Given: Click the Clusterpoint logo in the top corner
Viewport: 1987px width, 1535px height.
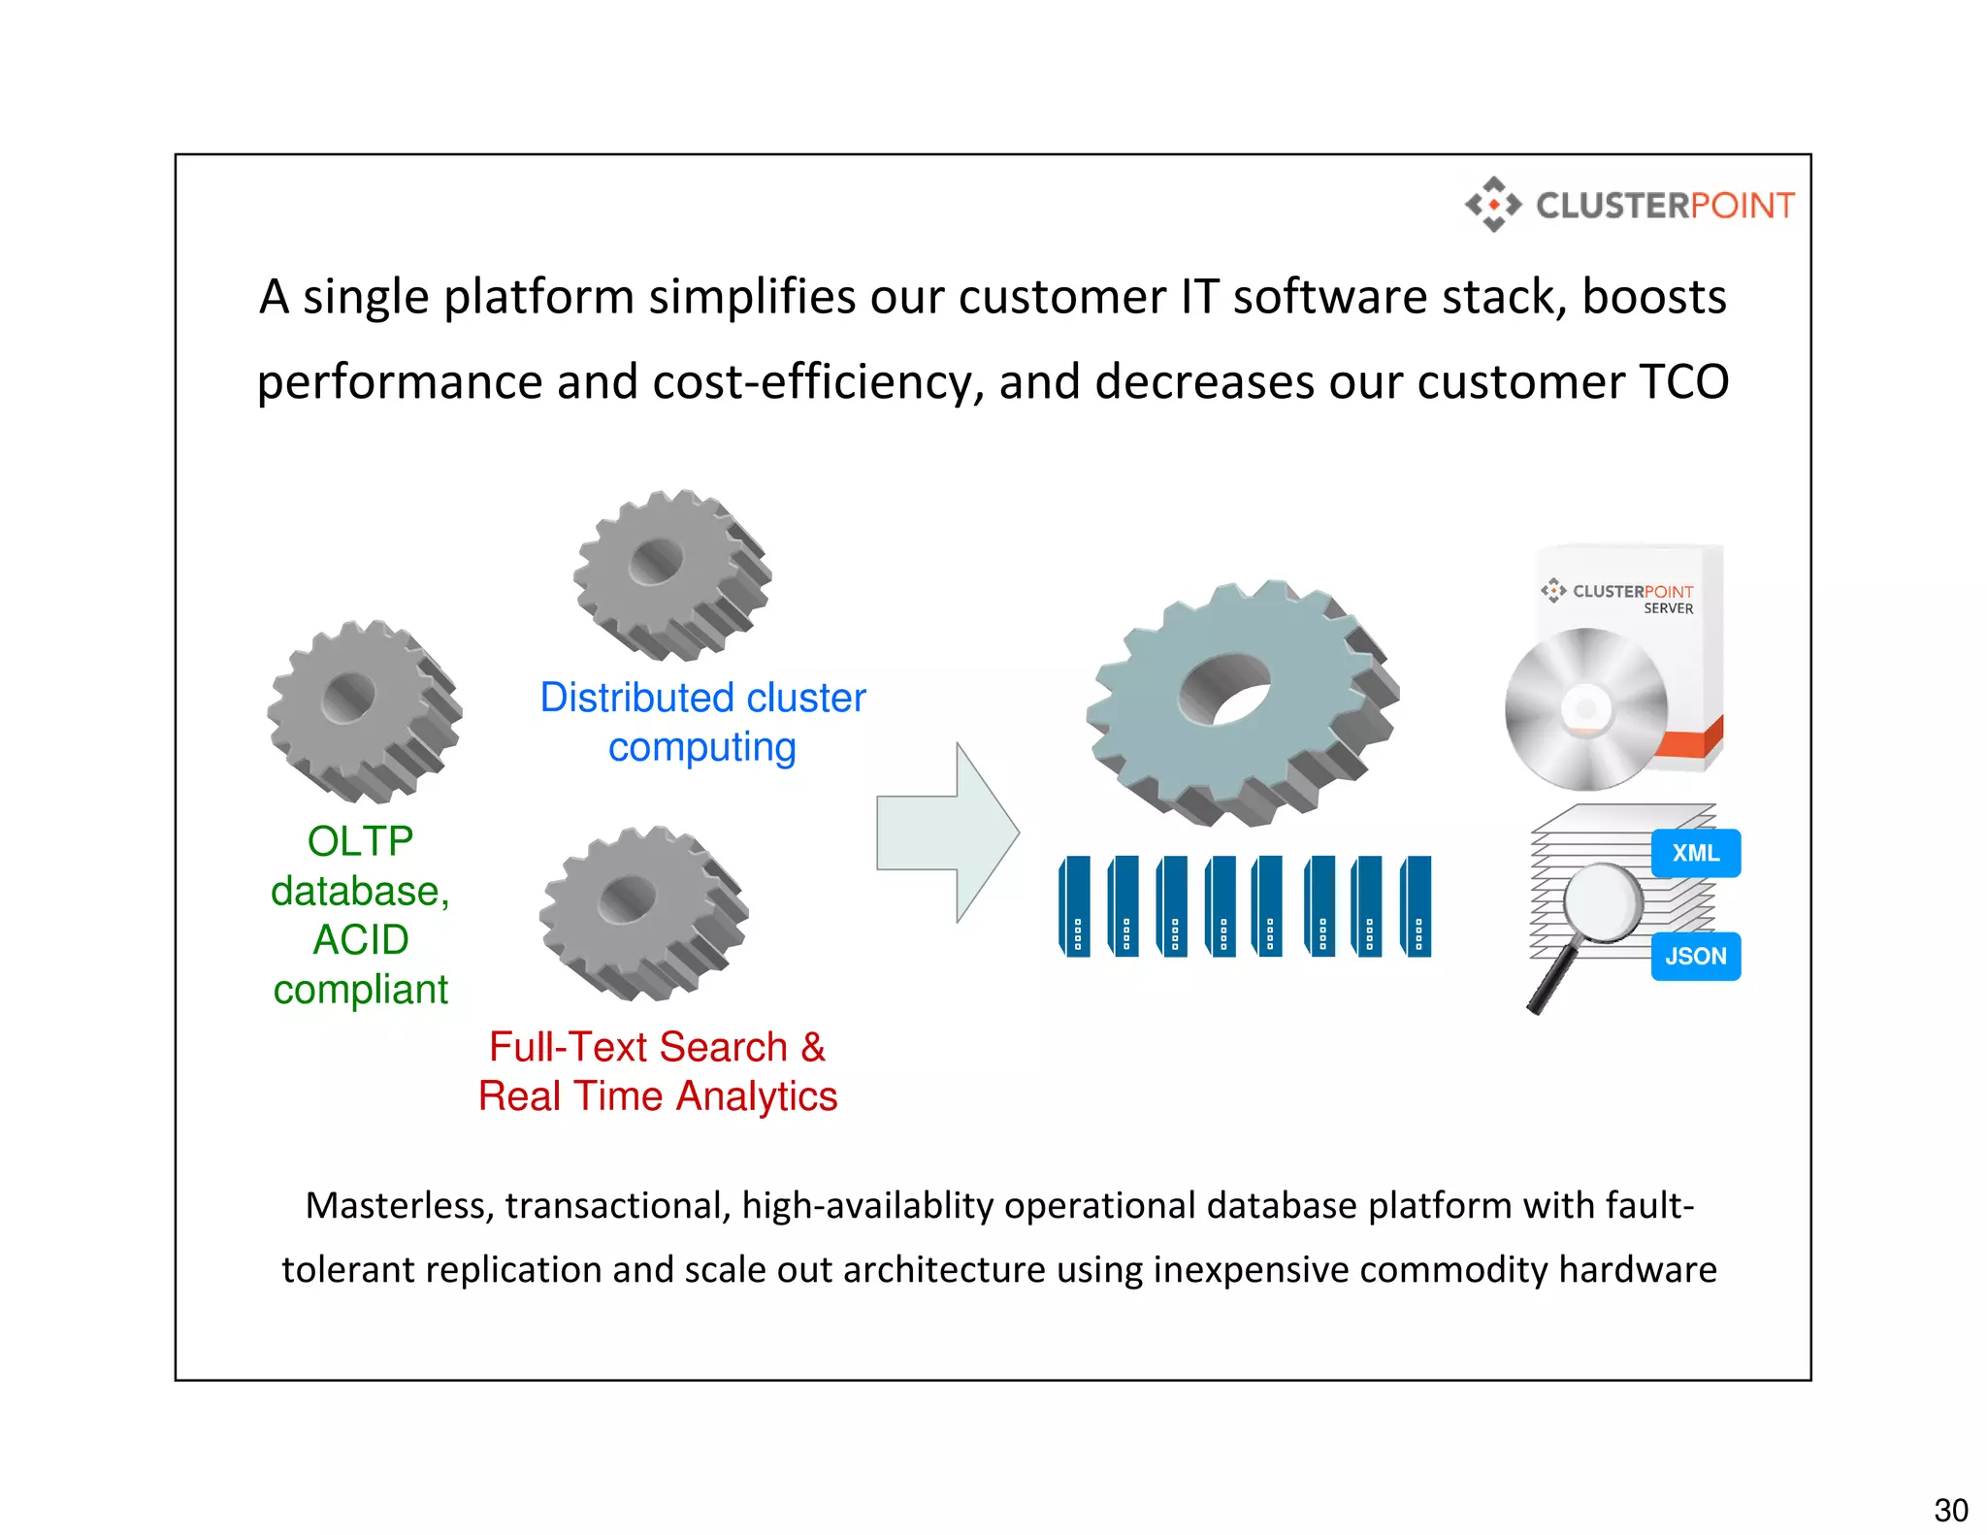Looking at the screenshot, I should pyautogui.click(x=1630, y=205).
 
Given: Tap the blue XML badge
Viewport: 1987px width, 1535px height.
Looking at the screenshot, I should pyautogui.click(x=1695, y=853).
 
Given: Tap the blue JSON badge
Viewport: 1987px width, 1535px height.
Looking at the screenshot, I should pyautogui.click(x=1695, y=956).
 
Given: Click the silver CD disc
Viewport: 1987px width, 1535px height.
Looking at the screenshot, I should pyautogui.click(x=1584, y=709).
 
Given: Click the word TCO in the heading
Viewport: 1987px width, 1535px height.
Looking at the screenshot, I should pyautogui.click(x=1683, y=381).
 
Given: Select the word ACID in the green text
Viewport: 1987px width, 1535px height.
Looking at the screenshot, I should pyautogui.click(x=360, y=939).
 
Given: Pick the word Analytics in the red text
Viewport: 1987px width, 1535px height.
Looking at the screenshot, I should pyautogui.click(x=756, y=1096).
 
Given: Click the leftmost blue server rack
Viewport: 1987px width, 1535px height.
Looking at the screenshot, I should pyautogui.click(x=1075, y=906).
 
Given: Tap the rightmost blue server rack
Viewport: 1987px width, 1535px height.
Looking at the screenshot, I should pyautogui.click(x=1417, y=906).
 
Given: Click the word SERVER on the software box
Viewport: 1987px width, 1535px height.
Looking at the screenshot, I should pyautogui.click(x=1668, y=608).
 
